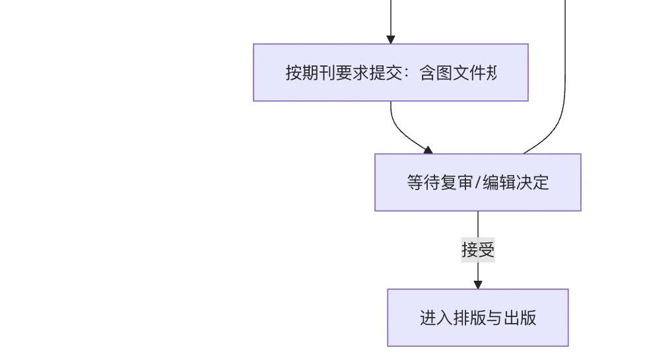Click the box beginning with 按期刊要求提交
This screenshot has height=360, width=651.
pos(390,73)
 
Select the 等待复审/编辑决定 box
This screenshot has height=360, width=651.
pos(477,182)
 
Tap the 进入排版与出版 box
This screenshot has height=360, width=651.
pos(477,318)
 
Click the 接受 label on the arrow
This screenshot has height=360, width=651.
pos(478,250)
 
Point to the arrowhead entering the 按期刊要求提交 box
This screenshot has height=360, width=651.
pos(390,39)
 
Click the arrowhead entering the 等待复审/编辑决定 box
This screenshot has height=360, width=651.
pos(428,150)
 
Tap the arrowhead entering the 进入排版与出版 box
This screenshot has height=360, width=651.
pos(478,285)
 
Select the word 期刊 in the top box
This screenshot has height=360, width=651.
pos(318,73)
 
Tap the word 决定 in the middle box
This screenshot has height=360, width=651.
pos(532,182)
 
